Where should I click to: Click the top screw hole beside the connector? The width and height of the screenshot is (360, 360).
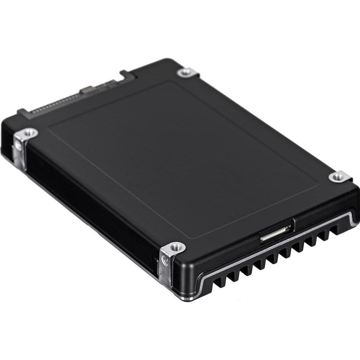pyautogui.click(x=187, y=72)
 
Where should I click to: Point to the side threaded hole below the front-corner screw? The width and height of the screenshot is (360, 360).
pyautogui.click(x=166, y=262)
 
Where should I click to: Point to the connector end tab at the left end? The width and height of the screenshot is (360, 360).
pyautogui.click(x=22, y=111)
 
